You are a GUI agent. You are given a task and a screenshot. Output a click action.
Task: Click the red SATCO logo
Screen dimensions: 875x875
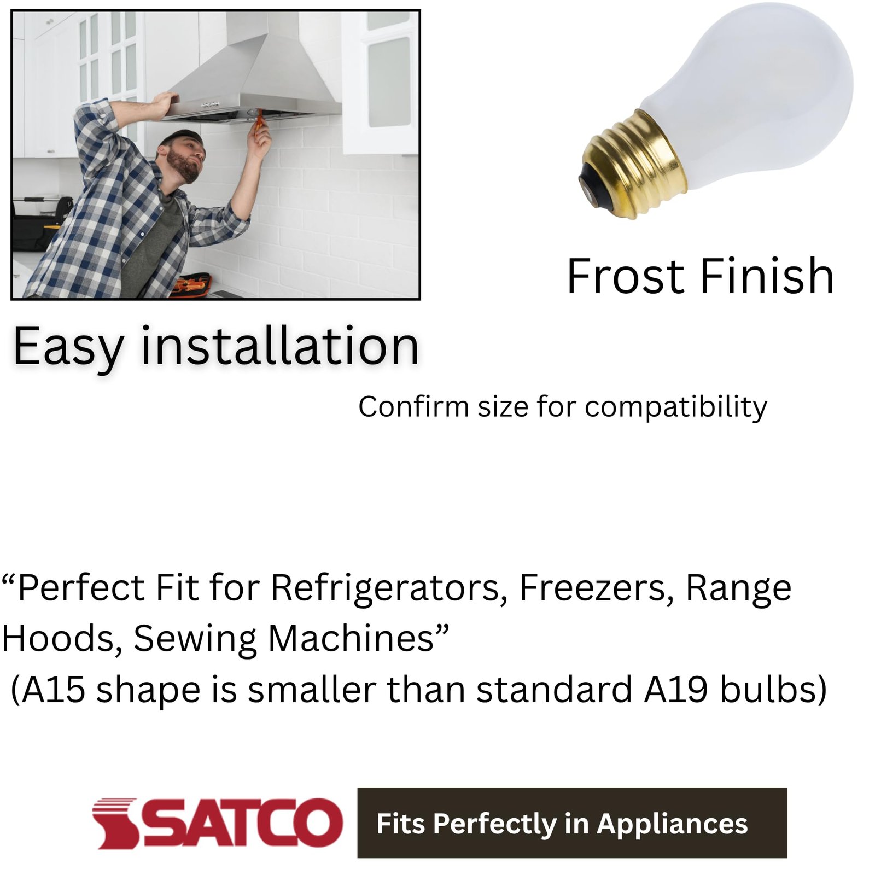tap(217, 822)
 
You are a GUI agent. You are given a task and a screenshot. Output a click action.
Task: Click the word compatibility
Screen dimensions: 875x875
tap(675, 407)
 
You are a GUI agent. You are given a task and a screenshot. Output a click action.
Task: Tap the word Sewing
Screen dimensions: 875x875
tap(195, 639)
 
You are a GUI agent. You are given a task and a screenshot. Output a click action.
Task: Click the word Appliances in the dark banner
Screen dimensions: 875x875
tap(672, 824)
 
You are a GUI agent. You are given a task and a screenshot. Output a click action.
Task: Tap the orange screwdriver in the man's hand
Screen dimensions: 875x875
tap(257, 123)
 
